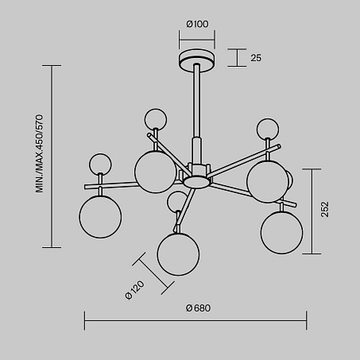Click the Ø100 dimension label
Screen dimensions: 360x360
click(x=197, y=24)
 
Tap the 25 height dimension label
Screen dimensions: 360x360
click(x=256, y=58)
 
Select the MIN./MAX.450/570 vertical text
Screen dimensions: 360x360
click(x=39, y=153)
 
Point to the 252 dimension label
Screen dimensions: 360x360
click(x=325, y=209)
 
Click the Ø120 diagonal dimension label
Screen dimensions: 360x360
click(x=135, y=289)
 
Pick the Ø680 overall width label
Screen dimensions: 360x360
click(x=198, y=308)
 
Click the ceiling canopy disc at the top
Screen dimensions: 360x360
click(x=197, y=60)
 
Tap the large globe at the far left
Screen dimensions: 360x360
click(x=100, y=217)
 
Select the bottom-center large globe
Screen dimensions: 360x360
click(x=178, y=254)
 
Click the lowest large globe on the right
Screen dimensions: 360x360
click(x=281, y=232)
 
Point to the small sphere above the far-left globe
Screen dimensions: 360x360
click(x=100, y=165)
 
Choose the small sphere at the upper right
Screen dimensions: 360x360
click(x=268, y=130)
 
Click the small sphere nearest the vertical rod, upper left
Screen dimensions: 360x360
click(x=156, y=119)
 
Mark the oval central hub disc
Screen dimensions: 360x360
click(x=196, y=182)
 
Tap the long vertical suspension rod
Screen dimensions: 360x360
click(x=197, y=101)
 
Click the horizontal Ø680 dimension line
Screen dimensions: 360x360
click(x=195, y=321)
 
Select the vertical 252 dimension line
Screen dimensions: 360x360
click(x=312, y=211)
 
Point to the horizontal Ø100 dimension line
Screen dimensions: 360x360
click(x=197, y=41)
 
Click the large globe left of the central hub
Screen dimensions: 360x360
click(x=156, y=172)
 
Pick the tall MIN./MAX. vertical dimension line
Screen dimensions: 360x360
click(x=52, y=157)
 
